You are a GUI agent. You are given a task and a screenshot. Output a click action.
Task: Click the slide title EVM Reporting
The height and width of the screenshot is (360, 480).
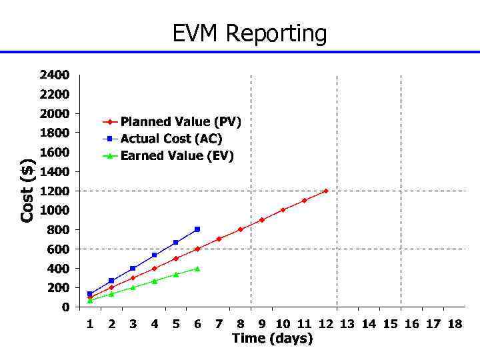coord(250,33)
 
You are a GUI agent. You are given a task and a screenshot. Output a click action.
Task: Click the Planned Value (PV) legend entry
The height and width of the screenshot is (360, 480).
coord(180,122)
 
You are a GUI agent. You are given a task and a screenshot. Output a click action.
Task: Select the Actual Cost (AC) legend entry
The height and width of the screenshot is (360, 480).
coord(171,139)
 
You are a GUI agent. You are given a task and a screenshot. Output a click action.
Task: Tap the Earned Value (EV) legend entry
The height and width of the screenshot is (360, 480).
coord(177,156)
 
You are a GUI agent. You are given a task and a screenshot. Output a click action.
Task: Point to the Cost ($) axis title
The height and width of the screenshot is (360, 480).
coord(27,191)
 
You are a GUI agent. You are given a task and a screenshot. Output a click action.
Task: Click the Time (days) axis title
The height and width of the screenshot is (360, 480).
coord(272,339)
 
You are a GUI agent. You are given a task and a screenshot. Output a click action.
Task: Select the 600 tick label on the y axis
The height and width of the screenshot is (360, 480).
coord(57,249)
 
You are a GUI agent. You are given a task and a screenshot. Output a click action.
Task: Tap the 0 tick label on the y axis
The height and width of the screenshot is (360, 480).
coord(65,307)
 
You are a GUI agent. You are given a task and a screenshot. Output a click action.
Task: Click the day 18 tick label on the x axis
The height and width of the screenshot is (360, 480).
coord(454,324)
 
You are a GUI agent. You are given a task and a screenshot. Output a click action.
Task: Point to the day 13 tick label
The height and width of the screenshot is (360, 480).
coord(347,324)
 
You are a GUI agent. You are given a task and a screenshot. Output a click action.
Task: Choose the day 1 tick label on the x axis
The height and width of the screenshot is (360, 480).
coord(90,324)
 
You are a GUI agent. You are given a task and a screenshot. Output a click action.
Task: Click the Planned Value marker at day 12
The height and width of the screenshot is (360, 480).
coord(326,191)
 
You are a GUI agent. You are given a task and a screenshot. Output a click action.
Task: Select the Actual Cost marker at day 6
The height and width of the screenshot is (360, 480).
coord(197,229)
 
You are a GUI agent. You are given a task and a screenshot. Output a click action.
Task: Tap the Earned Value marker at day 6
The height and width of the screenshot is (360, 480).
coord(197,269)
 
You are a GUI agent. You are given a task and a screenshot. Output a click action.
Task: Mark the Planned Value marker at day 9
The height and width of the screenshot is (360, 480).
coord(261,220)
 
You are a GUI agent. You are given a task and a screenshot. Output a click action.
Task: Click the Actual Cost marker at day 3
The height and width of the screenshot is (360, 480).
coord(133,268)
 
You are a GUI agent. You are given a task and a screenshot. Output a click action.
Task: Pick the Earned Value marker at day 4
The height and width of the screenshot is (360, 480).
coord(155,281)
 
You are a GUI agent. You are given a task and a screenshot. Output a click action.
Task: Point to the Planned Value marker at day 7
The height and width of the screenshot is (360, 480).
coord(219,239)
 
